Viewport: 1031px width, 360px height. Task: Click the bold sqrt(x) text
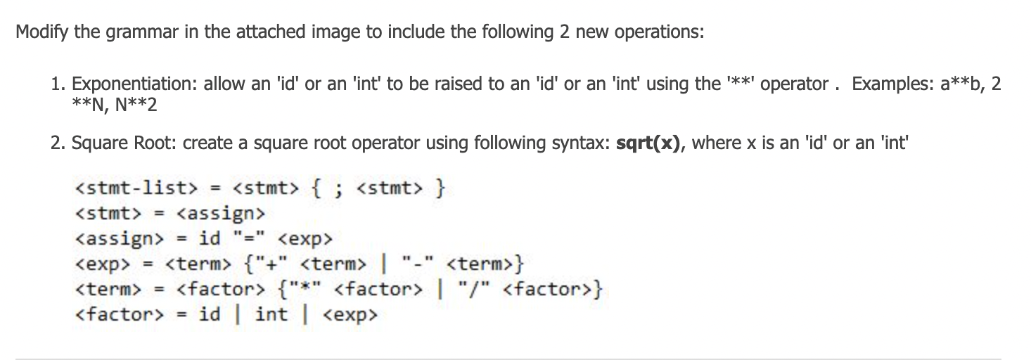(651, 143)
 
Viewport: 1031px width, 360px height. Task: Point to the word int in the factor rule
(271, 314)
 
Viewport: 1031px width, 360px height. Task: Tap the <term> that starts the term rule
(109, 289)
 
